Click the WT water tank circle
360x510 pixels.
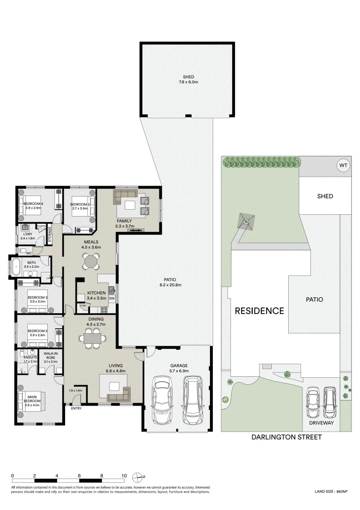(343, 166)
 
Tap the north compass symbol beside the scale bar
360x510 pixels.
(138, 476)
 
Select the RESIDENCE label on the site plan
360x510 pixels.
(260, 311)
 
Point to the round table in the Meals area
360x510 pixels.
(91, 261)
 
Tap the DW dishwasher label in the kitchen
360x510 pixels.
(111, 298)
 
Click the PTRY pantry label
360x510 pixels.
(83, 306)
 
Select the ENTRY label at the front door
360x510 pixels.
(76, 408)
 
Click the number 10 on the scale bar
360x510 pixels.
(124, 476)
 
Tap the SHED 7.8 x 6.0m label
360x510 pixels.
(188, 79)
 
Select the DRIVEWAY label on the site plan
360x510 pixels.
(322, 423)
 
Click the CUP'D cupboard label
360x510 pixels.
(41, 227)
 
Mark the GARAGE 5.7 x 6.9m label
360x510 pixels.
(179, 368)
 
